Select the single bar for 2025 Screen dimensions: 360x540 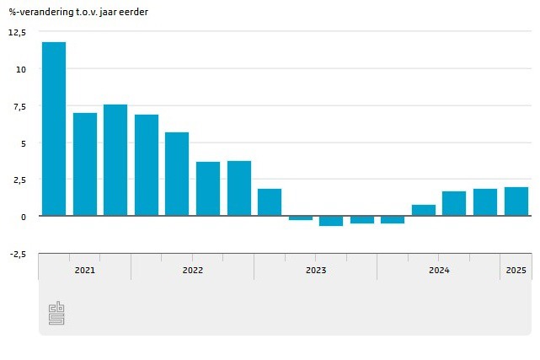coord(516,201)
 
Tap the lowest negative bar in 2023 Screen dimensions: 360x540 coord(331,221)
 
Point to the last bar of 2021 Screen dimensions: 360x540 coord(115,160)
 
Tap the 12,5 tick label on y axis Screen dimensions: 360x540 coord(18,32)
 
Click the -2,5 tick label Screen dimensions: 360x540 coord(18,254)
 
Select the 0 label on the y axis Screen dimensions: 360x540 coord(24,217)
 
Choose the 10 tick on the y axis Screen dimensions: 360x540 coord(21,69)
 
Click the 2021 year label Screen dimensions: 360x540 coord(84,271)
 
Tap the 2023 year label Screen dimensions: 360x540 coord(316,271)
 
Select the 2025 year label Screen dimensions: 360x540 coord(516,271)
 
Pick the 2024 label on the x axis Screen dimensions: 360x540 coord(439,271)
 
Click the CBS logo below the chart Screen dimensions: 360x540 coord(57,314)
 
